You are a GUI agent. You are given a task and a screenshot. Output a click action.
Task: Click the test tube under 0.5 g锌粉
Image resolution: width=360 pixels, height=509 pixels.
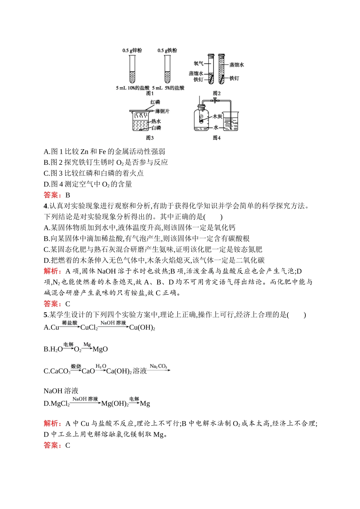(x=132, y=69)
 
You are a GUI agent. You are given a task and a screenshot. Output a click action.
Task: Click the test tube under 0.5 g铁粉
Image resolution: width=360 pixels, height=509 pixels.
(x=167, y=69)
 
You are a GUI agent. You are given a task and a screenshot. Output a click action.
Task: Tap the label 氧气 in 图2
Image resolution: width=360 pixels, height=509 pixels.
(x=199, y=64)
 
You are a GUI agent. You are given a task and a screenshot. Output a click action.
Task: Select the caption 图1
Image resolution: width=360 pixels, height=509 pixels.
(x=150, y=93)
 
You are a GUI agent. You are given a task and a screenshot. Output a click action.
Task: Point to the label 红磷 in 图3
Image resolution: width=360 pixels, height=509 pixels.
(x=155, y=102)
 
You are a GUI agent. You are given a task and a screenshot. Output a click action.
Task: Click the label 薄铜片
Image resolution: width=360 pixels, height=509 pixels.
(x=162, y=111)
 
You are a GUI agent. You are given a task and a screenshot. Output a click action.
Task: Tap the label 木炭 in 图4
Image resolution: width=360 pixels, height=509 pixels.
(x=217, y=116)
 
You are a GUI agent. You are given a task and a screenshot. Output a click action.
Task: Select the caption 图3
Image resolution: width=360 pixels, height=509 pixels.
(x=150, y=138)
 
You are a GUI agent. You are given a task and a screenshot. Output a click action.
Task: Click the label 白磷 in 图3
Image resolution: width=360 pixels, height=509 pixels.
(x=156, y=128)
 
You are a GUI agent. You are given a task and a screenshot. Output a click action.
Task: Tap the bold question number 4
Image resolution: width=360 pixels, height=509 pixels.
(x=45, y=206)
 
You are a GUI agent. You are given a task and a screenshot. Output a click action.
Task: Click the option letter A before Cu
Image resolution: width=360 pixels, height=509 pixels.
(x=46, y=328)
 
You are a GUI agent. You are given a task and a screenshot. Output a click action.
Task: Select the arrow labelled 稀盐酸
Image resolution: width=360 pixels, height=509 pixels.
(x=70, y=326)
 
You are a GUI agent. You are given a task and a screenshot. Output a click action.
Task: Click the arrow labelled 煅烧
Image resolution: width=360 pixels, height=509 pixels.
(x=76, y=369)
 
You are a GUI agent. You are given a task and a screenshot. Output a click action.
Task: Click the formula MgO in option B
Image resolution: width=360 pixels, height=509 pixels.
(x=100, y=349)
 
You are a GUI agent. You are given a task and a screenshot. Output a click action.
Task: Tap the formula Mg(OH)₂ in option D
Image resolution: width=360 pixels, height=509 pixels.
(x=115, y=404)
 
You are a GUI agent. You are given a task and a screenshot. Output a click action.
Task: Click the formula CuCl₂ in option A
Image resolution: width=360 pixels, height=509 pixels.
(x=89, y=328)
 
